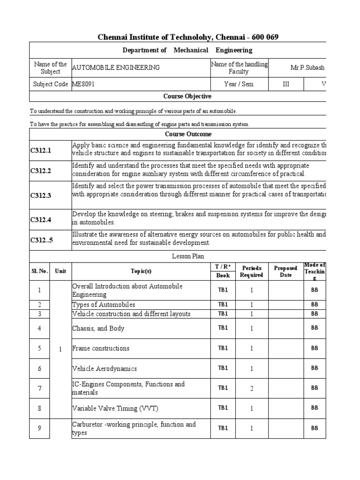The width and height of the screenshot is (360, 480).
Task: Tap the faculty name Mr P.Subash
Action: pos(307,67)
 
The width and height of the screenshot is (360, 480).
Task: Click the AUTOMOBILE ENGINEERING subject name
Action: pos(116,67)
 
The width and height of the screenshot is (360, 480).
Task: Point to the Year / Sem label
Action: pos(239,84)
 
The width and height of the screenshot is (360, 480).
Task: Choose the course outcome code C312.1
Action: pos(41,150)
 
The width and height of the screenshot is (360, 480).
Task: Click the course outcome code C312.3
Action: pos(41,195)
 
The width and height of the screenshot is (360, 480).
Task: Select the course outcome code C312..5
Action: pos(42,240)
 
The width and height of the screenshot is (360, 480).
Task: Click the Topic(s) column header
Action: pos(141,271)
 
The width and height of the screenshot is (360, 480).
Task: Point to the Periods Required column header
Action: pos(251,271)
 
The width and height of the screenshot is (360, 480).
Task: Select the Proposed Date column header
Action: pos(285,271)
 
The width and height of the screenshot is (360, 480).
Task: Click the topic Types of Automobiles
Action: pos(103,305)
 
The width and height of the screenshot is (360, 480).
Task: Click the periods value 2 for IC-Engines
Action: pos(251,388)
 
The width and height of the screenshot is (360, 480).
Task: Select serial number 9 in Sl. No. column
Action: pos(40,428)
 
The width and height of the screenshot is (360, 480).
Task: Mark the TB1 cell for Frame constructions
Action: pos(223,348)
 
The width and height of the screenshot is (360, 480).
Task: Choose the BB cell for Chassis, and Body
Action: pos(315,328)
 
